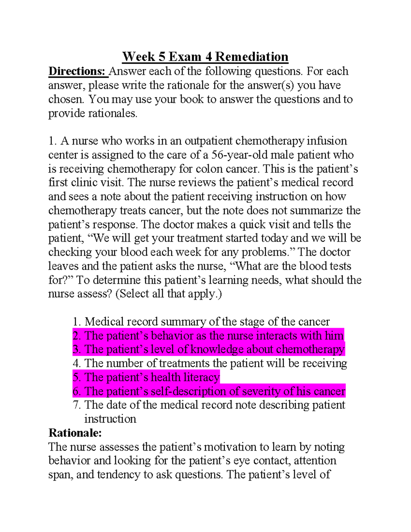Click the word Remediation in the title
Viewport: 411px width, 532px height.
click(x=252, y=57)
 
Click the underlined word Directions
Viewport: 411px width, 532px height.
click(x=77, y=71)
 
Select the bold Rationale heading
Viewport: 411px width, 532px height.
click(x=75, y=433)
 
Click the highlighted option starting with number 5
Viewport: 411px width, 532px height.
click(x=146, y=377)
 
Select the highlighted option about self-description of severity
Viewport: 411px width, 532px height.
click(x=209, y=391)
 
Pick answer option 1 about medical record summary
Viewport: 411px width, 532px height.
click(x=201, y=322)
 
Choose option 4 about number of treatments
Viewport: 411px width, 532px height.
click(x=210, y=363)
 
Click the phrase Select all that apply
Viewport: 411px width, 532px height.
click(x=169, y=294)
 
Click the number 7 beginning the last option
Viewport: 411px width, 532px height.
click(x=76, y=405)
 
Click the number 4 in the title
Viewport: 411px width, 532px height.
click(x=208, y=57)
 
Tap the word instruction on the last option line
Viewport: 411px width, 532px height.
click(x=110, y=419)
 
